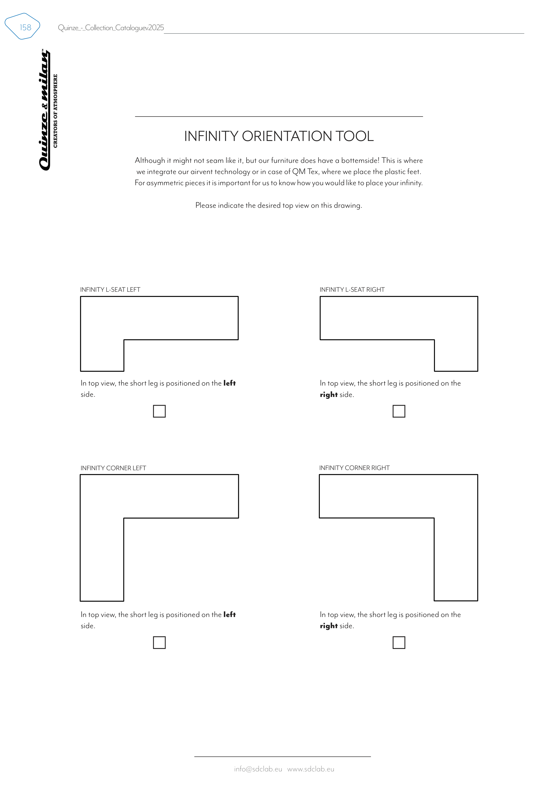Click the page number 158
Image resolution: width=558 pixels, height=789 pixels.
click(25, 27)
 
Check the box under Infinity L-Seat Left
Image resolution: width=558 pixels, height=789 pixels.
click(159, 411)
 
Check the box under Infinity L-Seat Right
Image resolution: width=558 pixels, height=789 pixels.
click(399, 411)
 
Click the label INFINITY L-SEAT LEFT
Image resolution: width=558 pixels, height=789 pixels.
click(110, 290)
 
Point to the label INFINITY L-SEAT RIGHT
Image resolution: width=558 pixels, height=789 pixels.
click(352, 290)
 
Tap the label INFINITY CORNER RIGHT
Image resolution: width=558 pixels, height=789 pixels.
click(354, 468)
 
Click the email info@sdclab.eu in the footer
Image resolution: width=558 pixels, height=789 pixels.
click(258, 769)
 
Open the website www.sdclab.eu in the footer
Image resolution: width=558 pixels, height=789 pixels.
click(311, 769)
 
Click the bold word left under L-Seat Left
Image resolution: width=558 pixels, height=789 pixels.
click(229, 383)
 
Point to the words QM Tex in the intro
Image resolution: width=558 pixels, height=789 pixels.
click(305, 172)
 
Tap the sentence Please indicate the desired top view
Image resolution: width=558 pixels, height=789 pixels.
click(278, 206)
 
